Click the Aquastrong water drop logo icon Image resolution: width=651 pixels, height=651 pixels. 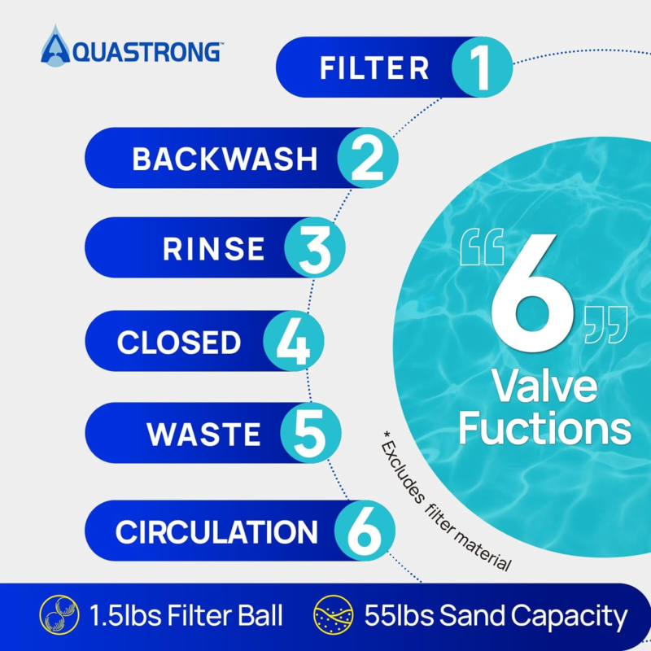pyautogui.click(x=55, y=46)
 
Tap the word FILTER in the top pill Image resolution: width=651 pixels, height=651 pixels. pyautogui.click(x=374, y=68)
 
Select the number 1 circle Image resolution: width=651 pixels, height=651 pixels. pyautogui.click(x=482, y=68)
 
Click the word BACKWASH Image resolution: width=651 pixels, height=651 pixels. pyautogui.click(x=225, y=159)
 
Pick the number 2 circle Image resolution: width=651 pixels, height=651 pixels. pyautogui.click(x=368, y=158)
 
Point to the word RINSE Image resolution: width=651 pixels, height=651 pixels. pyautogui.click(x=213, y=249)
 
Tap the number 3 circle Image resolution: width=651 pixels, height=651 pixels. pyautogui.click(x=315, y=247)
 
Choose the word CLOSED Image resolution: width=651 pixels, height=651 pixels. pyautogui.click(x=179, y=343)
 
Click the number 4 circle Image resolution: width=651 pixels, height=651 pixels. pyautogui.click(x=294, y=341)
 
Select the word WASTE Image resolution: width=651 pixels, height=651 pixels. pyautogui.click(x=203, y=435)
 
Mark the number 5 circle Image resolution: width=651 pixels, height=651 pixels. pyautogui.click(x=311, y=433)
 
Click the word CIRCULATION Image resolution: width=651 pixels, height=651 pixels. pyautogui.click(x=216, y=532)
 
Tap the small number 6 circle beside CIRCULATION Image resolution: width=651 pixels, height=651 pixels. pyautogui.click(x=365, y=531)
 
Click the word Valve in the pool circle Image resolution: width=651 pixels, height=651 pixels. pyautogui.click(x=544, y=387)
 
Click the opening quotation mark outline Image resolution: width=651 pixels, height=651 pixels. pyautogui.click(x=482, y=247)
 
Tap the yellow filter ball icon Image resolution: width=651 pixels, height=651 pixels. pyautogui.click(x=59, y=615)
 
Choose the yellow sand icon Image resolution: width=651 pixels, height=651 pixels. pyautogui.click(x=334, y=615)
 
